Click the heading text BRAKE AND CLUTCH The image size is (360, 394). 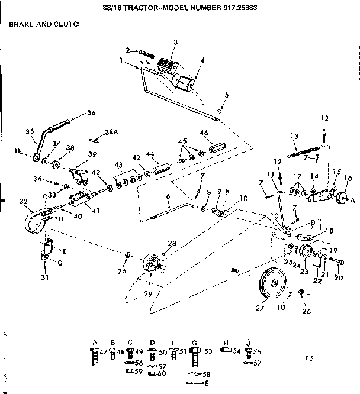pos(45,24)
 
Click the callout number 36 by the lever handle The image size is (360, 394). pos(91,113)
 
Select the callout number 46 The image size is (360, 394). pos(203,133)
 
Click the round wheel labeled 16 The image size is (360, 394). pos(341,199)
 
